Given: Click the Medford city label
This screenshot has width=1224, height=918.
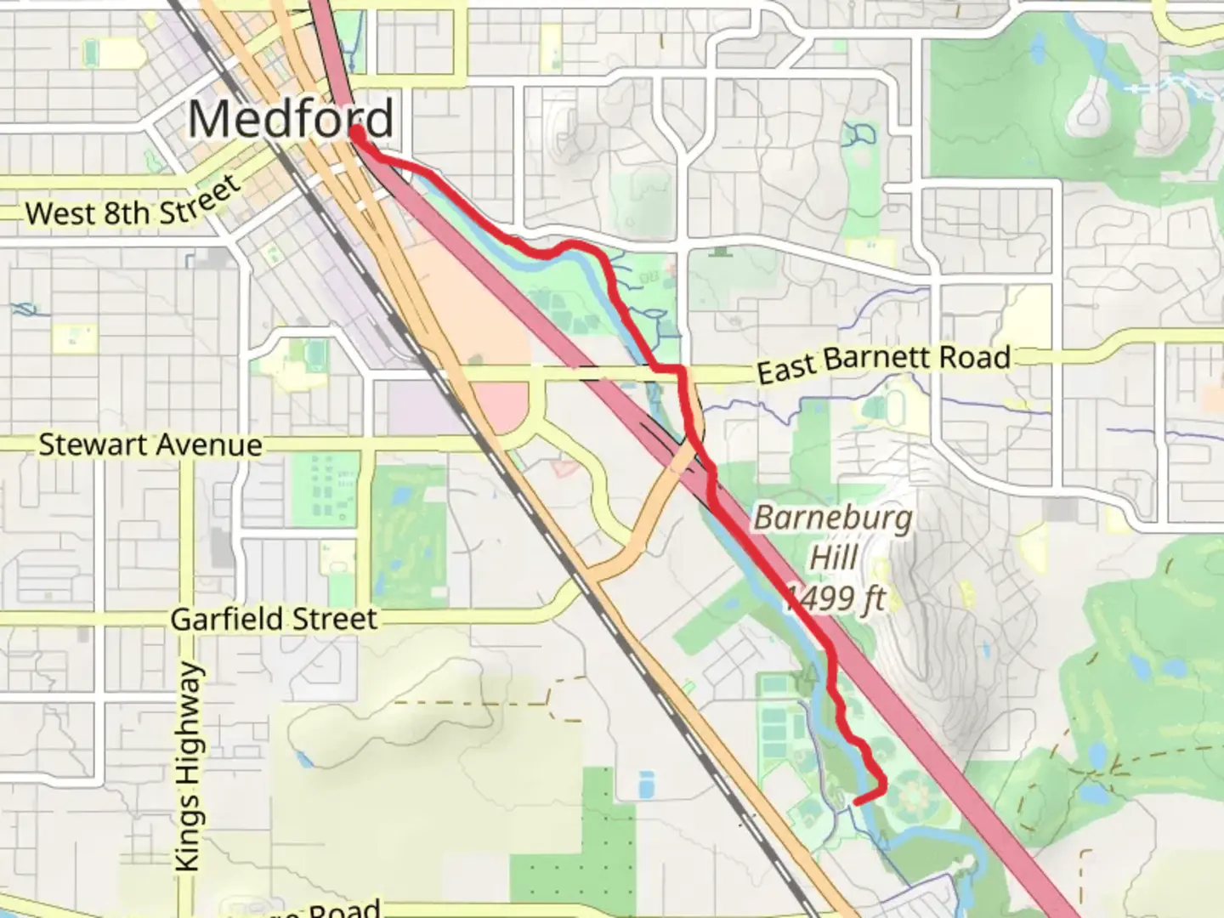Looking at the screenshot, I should [291, 118].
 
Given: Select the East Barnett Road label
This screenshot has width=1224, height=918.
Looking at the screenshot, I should [884, 363].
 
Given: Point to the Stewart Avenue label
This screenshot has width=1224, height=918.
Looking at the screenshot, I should [150, 445].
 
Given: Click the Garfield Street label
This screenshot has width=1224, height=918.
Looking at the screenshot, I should [274, 619].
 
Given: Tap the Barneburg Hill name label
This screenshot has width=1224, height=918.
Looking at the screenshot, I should [833, 537].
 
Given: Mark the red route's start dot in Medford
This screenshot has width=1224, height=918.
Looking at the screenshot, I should [357, 134].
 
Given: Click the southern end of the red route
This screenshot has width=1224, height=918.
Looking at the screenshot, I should [855, 801].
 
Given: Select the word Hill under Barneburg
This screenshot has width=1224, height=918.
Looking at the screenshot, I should [833, 558].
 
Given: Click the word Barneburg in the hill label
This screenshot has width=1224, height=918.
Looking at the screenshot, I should [833, 518].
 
